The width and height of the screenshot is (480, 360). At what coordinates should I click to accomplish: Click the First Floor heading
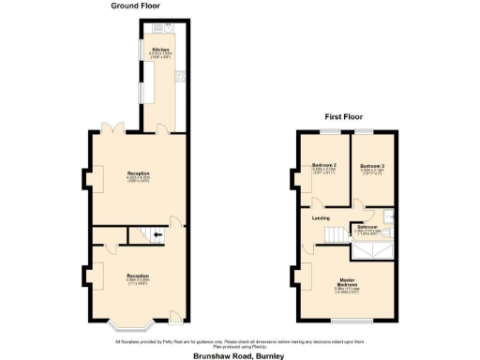(344, 117)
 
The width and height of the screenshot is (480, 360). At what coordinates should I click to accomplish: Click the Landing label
(321, 217)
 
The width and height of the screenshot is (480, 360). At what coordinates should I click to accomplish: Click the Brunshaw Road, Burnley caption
(240, 355)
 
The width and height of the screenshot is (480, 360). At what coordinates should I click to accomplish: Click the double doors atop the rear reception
(112, 127)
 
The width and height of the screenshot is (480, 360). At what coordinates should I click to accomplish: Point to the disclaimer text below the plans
(240, 342)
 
